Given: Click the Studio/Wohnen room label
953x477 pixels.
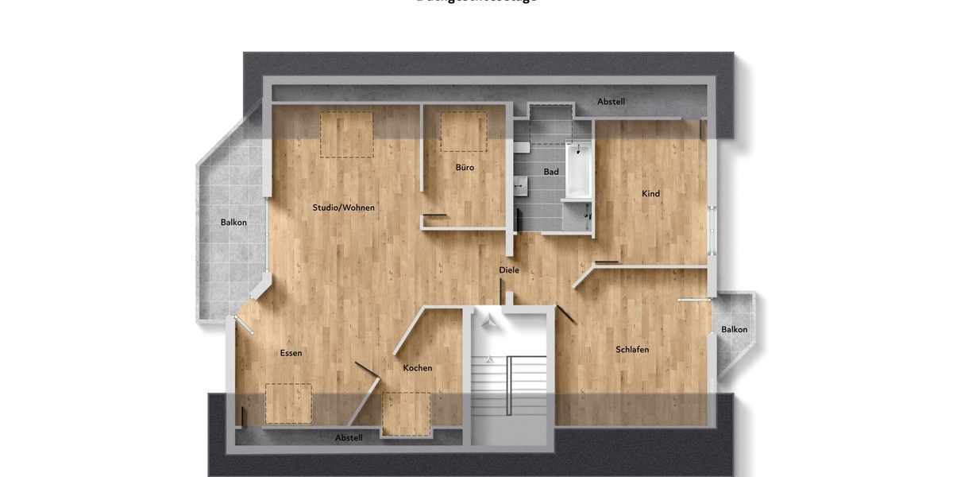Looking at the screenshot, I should (343, 207).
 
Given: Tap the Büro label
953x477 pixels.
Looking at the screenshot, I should (465, 168).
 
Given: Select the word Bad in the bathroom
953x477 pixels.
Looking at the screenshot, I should (551, 172).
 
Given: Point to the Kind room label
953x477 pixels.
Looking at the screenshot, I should (650, 193).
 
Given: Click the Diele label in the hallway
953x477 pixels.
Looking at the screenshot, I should (509, 270).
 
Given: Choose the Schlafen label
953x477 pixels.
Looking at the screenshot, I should (632, 350).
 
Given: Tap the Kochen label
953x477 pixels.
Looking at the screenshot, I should (418, 367).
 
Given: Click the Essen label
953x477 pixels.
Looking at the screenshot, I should (291, 353).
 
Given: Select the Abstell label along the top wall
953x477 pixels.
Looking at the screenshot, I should (612, 102).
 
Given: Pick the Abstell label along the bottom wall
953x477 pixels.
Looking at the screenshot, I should (349, 438).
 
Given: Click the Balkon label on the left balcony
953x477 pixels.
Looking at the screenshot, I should (233, 223).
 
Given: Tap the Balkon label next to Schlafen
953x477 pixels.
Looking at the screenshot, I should (734, 330).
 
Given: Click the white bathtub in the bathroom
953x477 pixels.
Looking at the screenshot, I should (578, 170).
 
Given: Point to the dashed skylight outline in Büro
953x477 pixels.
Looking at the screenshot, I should (464, 132).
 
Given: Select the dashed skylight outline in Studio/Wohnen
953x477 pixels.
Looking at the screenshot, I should (346, 134).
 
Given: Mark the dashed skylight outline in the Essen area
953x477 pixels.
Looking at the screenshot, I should (288, 403).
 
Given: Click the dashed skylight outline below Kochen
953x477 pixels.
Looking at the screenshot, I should (406, 414).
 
